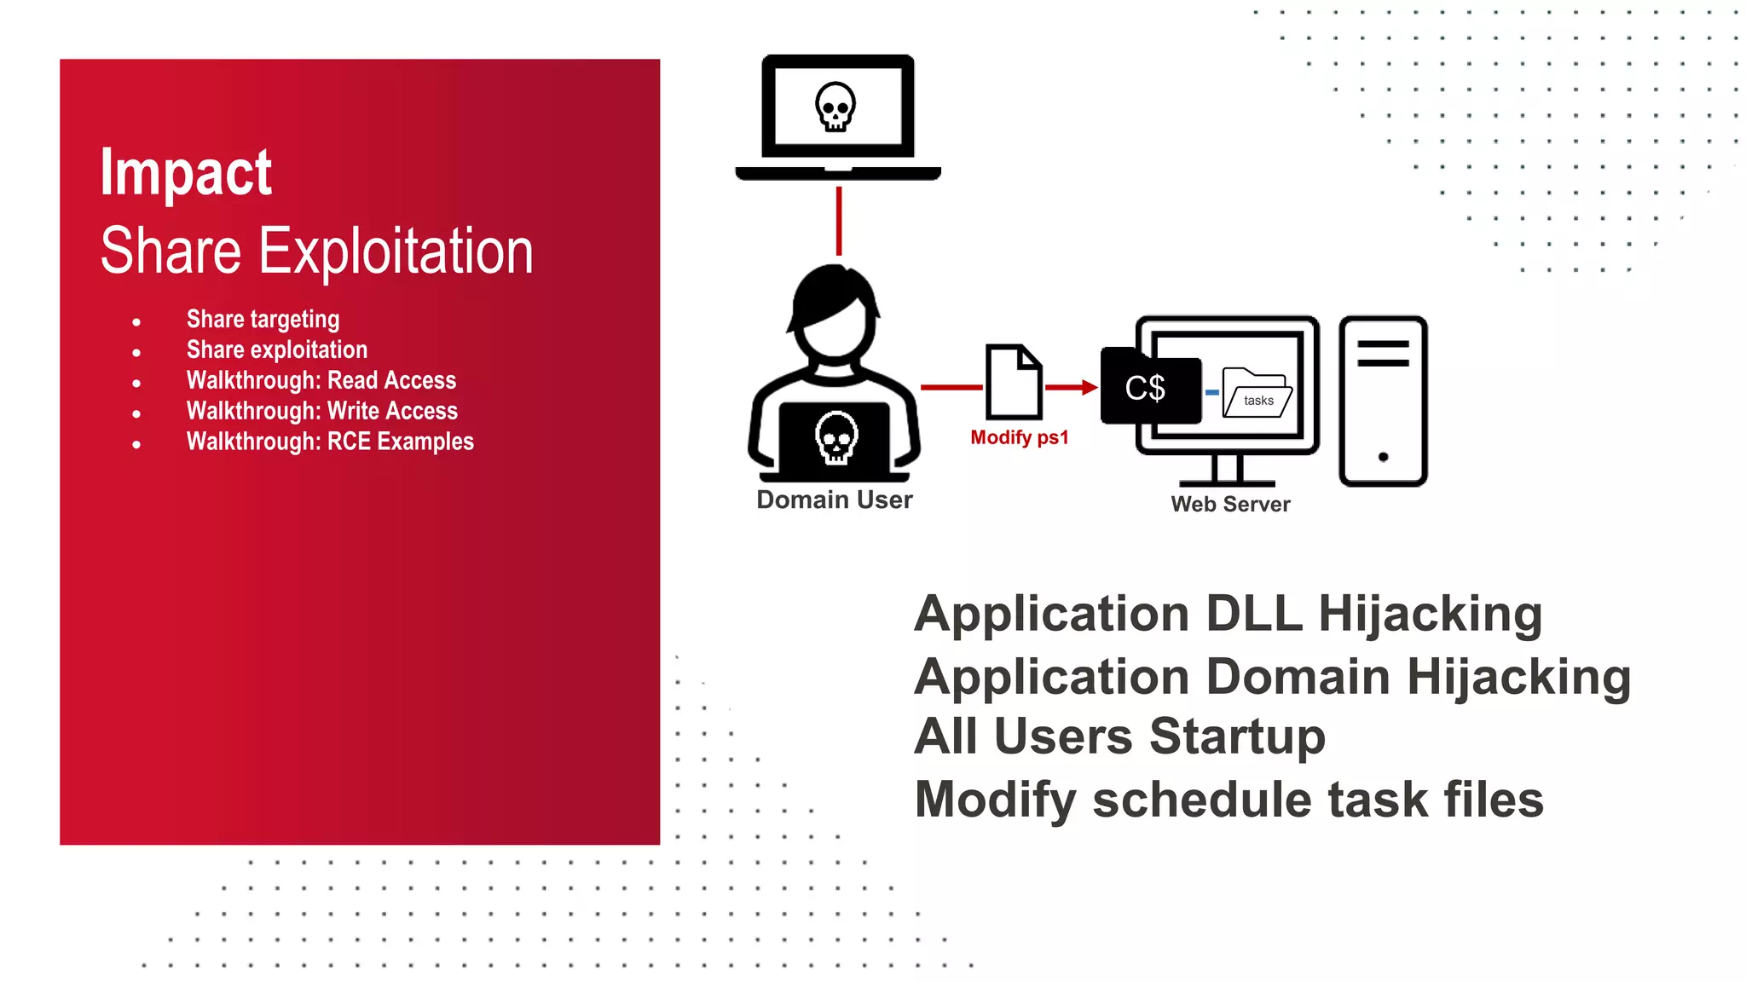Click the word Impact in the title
click(x=186, y=173)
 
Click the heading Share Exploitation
click(x=316, y=251)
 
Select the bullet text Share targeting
click(x=263, y=320)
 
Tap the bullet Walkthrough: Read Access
click(x=321, y=380)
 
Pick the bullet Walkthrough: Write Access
click(x=322, y=411)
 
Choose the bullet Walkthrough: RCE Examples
click(x=330, y=442)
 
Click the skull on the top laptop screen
click(x=835, y=107)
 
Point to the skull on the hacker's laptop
click(x=836, y=437)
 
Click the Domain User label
click(x=834, y=500)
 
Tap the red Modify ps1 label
click(x=1019, y=438)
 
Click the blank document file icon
click(x=1014, y=382)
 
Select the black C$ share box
click(x=1148, y=388)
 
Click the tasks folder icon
click(x=1257, y=393)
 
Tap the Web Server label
click(x=1230, y=505)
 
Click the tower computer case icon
click(x=1383, y=401)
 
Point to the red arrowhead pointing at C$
click(x=1090, y=387)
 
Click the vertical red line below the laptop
click(x=839, y=221)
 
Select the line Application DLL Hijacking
click(x=1228, y=614)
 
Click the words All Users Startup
click(x=1119, y=736)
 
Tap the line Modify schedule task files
click(x=1229, y=800)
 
